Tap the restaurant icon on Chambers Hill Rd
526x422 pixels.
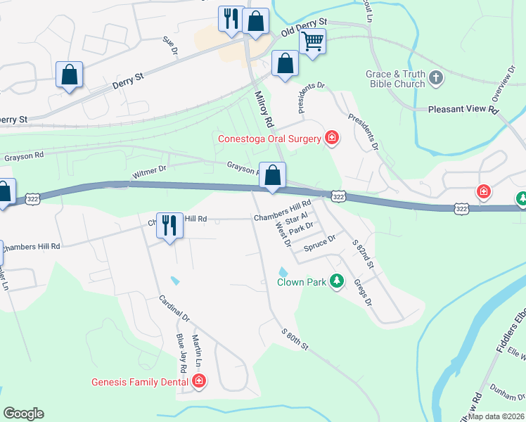click(x=169, y=226)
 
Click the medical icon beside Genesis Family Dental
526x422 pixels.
click(x=199, y=382)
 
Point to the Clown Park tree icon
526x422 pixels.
click(x=338, y=281)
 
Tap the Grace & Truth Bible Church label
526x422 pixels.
click(x=394, y=79)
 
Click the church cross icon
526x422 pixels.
click(x=436, y=78)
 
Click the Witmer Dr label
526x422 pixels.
click(x=149, y=170)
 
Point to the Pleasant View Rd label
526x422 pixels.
click(x=463, y=110)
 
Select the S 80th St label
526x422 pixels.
click(x=295, y=340)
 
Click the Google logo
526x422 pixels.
click(x=23, y=414)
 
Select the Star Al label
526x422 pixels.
click(x=297, y=219)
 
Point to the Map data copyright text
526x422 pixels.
click(x=496, y=416)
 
